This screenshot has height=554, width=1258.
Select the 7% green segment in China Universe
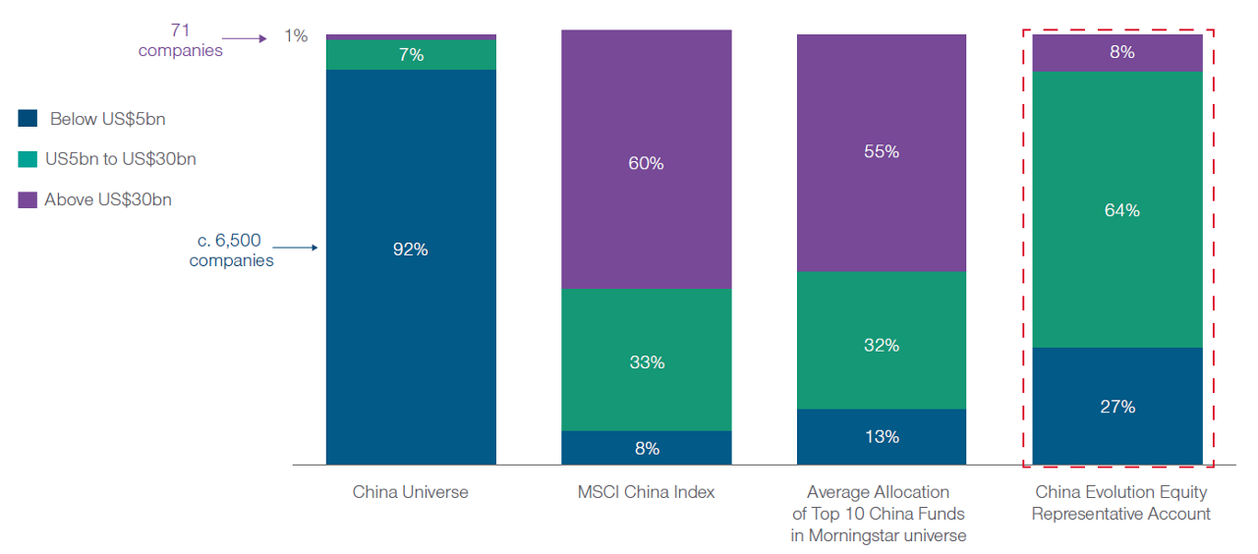411,55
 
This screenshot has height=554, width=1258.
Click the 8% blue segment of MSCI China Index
646,448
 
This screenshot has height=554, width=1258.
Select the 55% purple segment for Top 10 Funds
882,152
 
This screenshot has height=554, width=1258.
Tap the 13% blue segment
882,437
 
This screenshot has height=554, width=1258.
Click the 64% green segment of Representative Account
1117,209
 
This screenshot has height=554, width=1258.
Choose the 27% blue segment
1117,406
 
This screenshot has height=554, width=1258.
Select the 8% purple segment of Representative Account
1117,53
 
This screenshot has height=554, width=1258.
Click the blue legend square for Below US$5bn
28,119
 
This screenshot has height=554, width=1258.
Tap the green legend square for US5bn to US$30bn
28,159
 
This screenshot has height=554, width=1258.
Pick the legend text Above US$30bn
108,200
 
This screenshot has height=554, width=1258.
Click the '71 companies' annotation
180,40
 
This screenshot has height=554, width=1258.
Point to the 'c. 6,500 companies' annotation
231,250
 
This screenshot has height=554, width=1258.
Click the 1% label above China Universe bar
296,36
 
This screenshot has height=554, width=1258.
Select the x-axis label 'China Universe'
411,492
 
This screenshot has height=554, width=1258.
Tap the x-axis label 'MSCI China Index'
646,492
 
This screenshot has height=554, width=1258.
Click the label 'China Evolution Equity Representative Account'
1120,503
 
